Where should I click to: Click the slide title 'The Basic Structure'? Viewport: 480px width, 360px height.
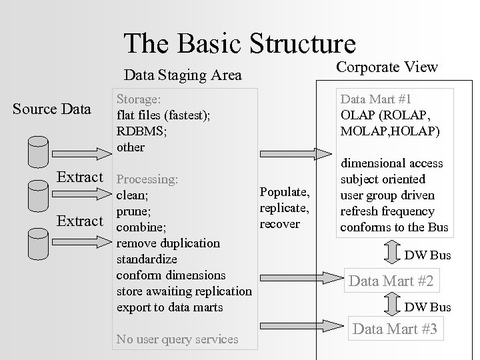click(239, 43)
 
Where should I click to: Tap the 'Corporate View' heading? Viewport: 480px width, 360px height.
click(387, 67)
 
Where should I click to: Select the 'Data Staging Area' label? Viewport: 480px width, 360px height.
click(183, 75)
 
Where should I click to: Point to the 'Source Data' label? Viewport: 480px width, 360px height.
click(52, 108)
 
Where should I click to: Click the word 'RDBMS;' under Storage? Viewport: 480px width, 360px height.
click(142, 131)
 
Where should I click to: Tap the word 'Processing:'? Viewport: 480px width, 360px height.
click(147, 179)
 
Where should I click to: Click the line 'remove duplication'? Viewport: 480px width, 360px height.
click(167, 243)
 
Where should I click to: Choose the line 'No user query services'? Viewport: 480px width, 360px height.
click(177, 339)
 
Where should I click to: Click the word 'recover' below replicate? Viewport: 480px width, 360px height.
click(279, 224)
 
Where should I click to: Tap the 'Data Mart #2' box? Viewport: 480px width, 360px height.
click(391, 281)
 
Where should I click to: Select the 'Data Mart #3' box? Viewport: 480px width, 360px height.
click(395, 329)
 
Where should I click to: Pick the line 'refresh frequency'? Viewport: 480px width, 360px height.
click(387, 211)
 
